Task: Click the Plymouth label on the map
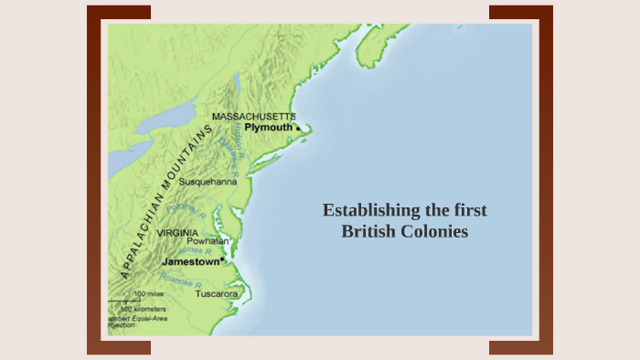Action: click(x=268, y=129)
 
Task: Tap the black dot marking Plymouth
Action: click(x=297, y=129)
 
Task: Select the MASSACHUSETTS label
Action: click(x=253, y=117)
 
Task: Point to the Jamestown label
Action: click(x=190, y=261)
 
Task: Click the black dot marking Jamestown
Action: click(x=222, y=259)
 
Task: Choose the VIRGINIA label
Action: click(x=177, y=233)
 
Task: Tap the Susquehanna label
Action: click(x=208, y=182)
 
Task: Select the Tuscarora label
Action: click(x=217, y=294)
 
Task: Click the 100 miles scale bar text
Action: click(x=149, y=294)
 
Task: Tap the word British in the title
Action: click(x=368, y=232)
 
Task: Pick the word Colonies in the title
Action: click(x=435, y=232)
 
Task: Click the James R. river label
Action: click(x=196, y=250)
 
